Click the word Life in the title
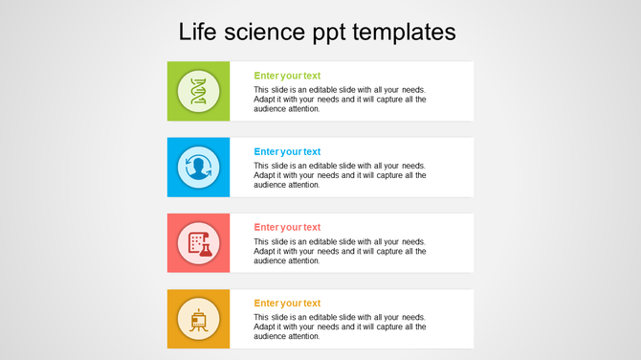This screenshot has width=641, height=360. pyautogui.click(x=197, y=32)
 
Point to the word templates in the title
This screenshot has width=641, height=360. pyautogui.click(x=405, y=33)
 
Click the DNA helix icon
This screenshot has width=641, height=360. pyautogui.click(x=199, y=92)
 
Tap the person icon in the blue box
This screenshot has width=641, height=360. pyautogui.click(x=199, y=168)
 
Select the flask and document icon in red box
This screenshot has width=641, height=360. pyautogui.click(x=199, y=244)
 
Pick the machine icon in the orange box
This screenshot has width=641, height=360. pyautogui.click(x=199, y=320)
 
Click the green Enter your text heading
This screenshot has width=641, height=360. pyautogui.click(x=287, y=75)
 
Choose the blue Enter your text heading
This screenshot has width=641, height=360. pyautogui.click(x=287, y=151)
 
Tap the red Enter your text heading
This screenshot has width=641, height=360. pyautogui.click(x=287, y=227)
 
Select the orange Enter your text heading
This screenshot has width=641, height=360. pyautogui.click(x=287, y=304)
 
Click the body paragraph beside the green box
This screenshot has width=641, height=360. pyautogui.click(x=340, y=99)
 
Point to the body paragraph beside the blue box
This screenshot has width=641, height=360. pyautogui.click(x=340, y=175)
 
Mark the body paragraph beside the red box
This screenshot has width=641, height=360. pyautogui.click(x=340, y=251)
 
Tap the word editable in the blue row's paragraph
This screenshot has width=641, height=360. pyautogui.click(x=334, y=166)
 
